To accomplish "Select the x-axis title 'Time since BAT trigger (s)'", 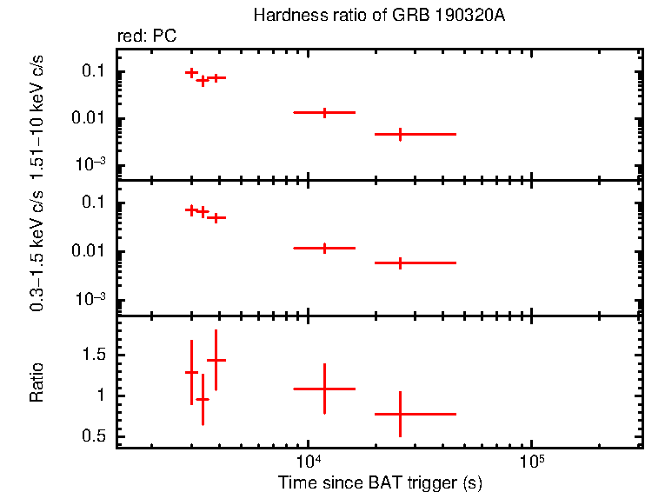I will [380, 481].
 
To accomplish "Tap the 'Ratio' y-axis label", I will [37, 382].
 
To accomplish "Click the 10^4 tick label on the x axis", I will [308, 461].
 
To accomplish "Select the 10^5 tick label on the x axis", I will [531, 461].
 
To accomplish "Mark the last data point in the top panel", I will [400, 134].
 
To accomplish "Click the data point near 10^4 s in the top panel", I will [324, 112].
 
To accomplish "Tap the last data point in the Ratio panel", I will [400, 414].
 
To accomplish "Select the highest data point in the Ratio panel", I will [216, 360].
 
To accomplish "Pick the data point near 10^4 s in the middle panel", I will [324, 248].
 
